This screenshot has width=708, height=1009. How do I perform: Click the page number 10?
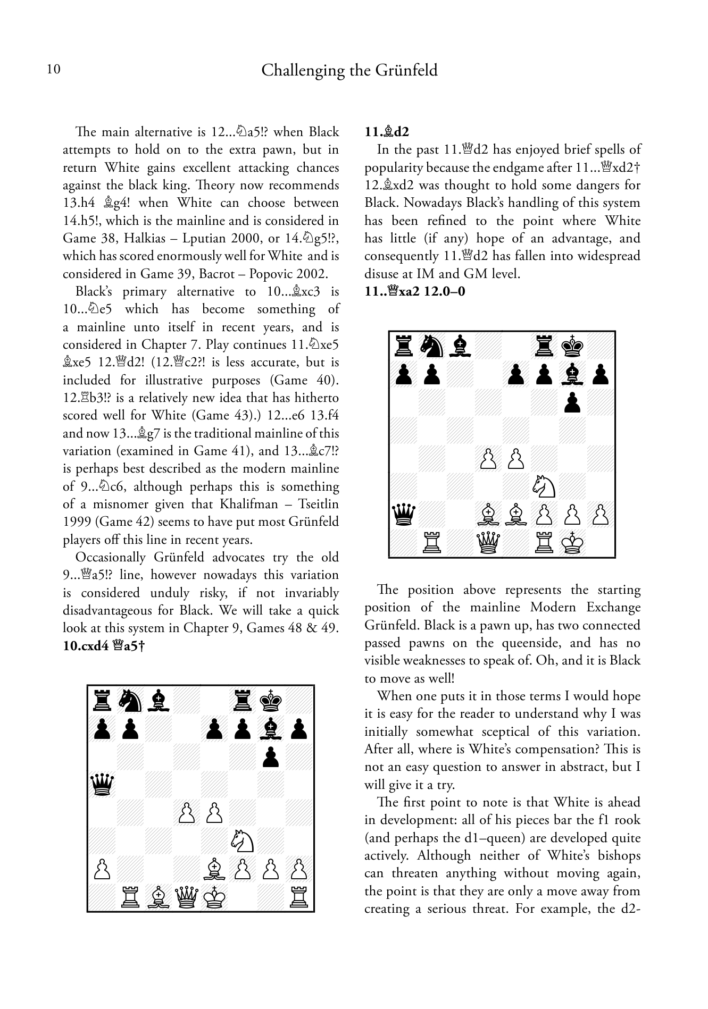click(x=54, y=70)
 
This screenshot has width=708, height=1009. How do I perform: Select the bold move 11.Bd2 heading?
click(x=387, y=132)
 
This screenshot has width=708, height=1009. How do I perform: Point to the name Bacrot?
click(x=220, y=274)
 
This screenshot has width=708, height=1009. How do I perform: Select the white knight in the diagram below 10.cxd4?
click(x=243, y=840)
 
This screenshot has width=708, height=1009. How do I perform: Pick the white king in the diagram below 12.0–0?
click(x=573, y=543)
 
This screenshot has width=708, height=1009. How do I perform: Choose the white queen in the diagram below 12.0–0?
click(x=488, y=543)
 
